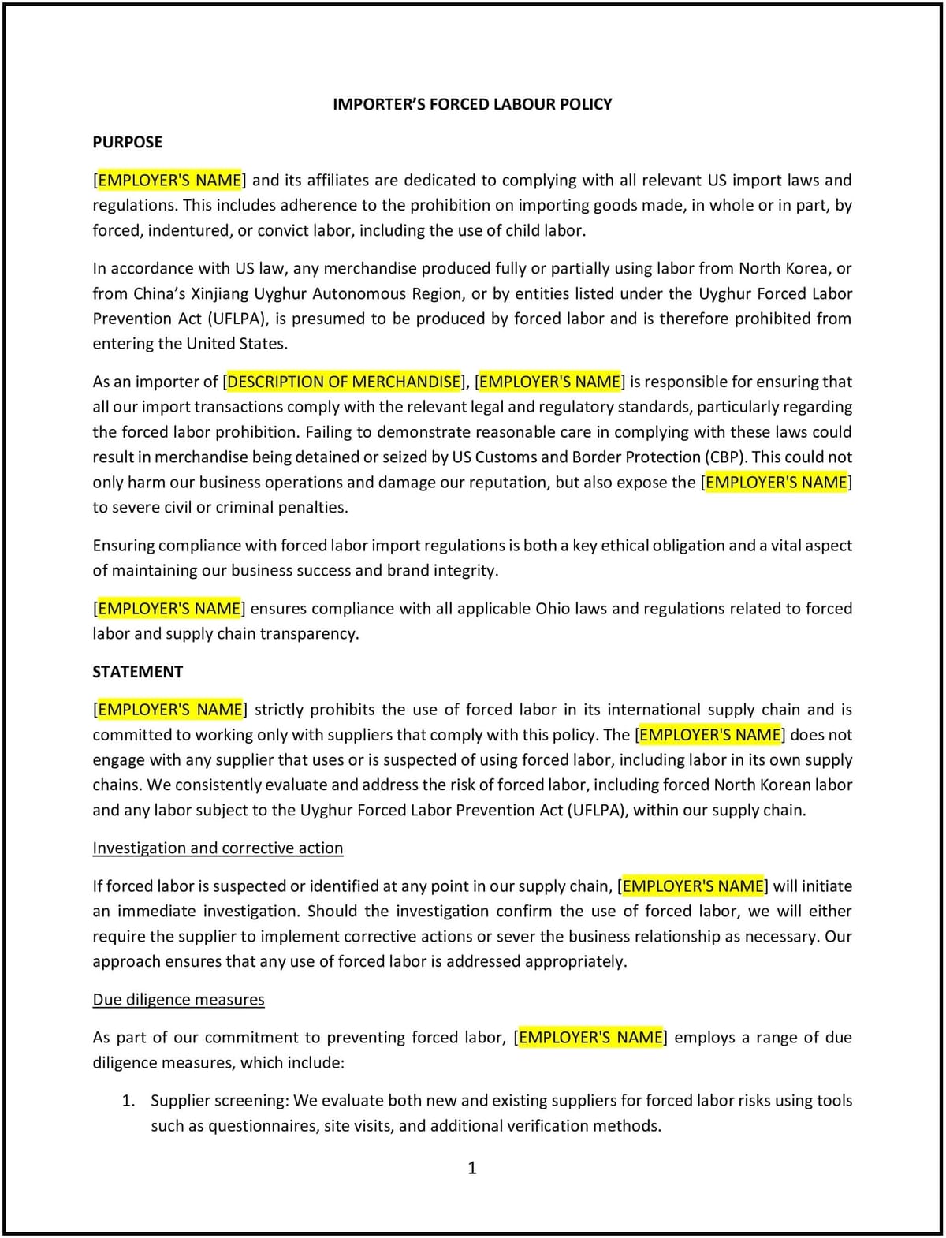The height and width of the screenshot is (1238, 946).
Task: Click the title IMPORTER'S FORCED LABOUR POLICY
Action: (472, 104)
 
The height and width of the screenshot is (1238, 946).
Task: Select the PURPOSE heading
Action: (127, 142)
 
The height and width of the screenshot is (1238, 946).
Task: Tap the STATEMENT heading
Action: (137, 672)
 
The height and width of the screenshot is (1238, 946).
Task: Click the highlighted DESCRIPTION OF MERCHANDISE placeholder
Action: (344, 382)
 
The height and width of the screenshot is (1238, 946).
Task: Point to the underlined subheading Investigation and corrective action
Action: (218, 848)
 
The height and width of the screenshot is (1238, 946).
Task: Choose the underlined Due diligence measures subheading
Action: (178, 1000)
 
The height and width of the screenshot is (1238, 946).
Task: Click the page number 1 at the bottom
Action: (472, 1168)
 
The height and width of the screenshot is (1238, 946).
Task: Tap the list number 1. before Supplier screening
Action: (128, 1101)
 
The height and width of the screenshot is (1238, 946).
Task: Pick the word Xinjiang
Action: (220, 293)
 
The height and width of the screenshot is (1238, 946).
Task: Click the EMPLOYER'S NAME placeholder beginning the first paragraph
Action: (169, 180)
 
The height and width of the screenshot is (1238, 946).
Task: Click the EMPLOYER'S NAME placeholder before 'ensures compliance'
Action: (169, 609)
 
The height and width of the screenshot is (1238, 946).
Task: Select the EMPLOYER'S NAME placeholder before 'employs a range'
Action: (590, 1038)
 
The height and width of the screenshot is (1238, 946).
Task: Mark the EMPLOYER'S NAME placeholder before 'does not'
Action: (709, 735)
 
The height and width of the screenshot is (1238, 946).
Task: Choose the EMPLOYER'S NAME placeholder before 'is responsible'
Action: (549, 382)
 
